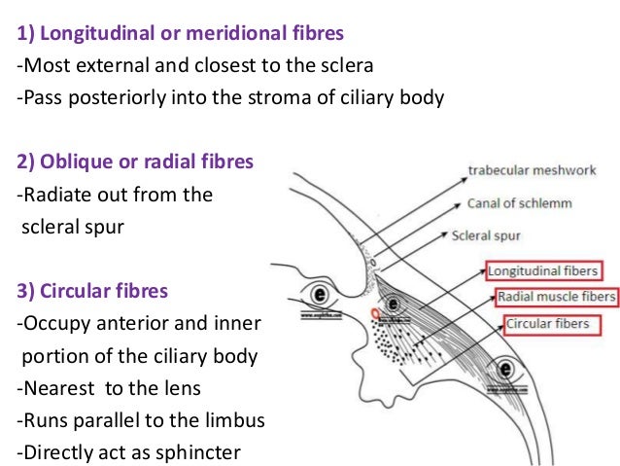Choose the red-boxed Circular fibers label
tap(546, 323)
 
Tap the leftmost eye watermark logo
tap(318, 293)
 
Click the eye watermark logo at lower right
tap(504, 369)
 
